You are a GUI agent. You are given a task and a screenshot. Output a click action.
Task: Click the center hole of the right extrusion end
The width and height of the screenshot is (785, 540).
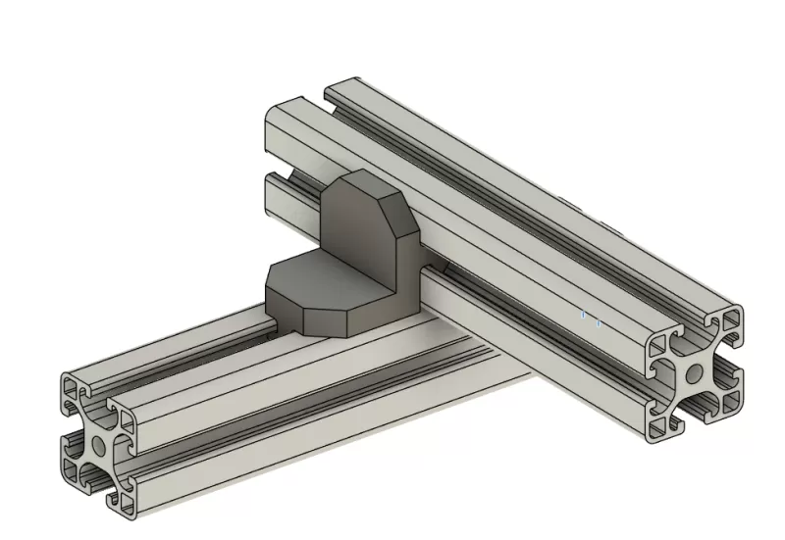[693, 372]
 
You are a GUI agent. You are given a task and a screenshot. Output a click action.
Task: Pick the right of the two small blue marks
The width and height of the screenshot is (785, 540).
[599, 319]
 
